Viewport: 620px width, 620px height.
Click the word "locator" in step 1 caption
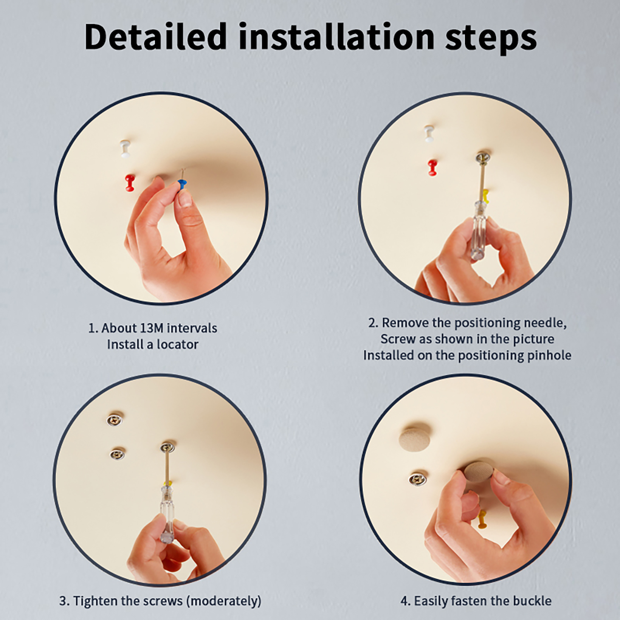(177, 344)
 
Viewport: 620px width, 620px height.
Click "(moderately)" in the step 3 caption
(224, 601)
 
